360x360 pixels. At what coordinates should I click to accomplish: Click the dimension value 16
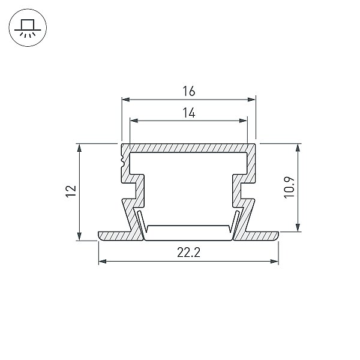(x=189, y=91)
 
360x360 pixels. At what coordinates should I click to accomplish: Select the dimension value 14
(x=189, y=113)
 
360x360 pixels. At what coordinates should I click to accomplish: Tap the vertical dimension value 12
(x=71, y=191)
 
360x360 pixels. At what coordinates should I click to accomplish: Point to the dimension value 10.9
(x=289, y=188)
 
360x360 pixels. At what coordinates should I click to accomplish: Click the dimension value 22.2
(x=189, y=253)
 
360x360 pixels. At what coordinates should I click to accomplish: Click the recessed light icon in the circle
(x=28, y=28)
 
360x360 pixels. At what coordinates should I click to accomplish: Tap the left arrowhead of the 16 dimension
(x=126, y=100)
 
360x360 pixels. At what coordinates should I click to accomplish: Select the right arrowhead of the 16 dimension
(x=251, y=100)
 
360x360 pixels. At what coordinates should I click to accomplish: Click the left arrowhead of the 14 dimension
(x=134, y=121)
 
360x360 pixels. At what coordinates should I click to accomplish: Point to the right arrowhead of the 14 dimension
(x=243, y=121)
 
